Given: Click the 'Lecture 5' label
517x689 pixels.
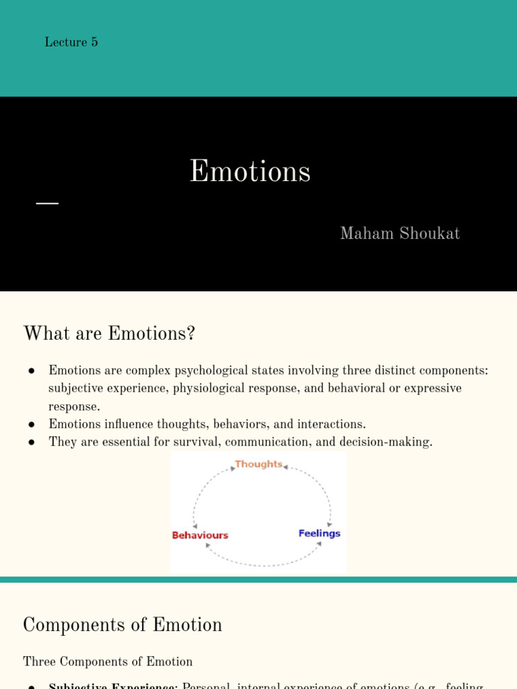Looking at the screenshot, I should (71, 42).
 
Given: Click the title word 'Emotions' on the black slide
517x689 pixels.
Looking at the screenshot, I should (250, 172).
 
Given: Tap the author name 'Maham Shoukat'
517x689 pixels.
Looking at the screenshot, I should (400, 233).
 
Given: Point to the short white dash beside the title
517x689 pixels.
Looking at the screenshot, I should (47, 203).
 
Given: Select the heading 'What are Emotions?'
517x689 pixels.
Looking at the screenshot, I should (109, 333).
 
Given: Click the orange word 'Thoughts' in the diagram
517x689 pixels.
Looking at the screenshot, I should (258, 464).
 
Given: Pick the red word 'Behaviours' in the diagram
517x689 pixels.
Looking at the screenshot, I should (200, 536).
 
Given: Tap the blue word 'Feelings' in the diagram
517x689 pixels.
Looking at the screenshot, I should (319, 534).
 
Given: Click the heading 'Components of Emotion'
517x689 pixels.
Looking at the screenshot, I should (123, 625).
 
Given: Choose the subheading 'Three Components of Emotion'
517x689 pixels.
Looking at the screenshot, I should (108, 661).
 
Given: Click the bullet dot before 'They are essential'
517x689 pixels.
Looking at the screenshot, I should (32, 442).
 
